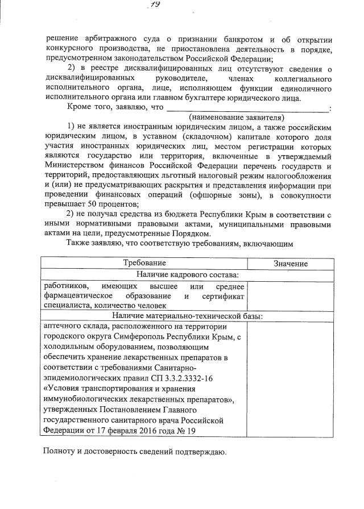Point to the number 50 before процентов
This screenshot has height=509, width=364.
tap(80, 205)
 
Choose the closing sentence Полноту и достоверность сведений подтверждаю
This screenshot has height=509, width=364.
tap(134, 452)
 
